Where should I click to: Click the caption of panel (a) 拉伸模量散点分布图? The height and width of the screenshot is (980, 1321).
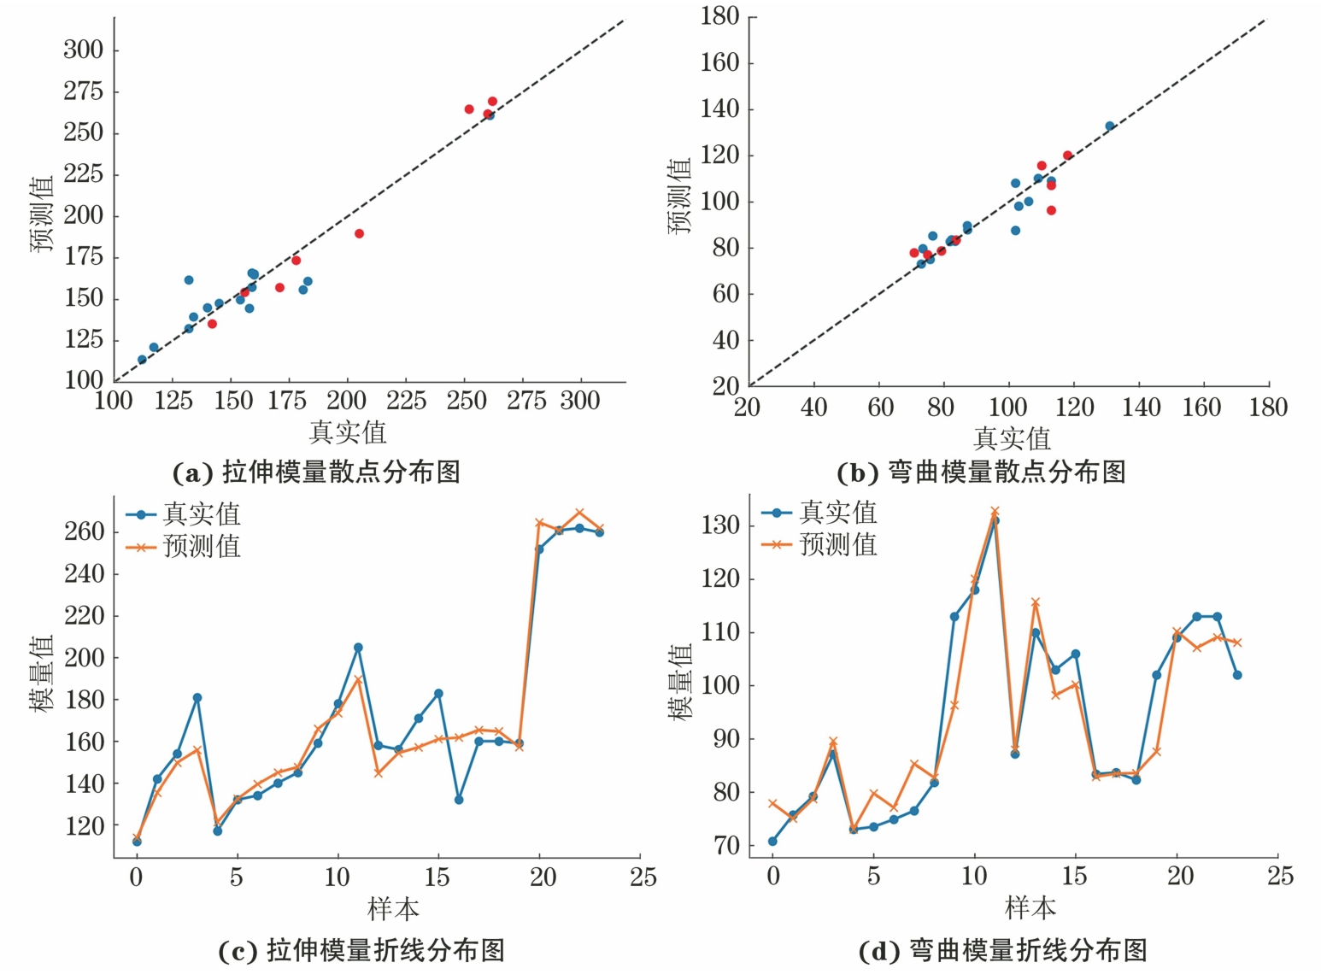pos(317,472)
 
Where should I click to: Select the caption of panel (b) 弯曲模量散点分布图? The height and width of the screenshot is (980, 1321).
pos(982,472)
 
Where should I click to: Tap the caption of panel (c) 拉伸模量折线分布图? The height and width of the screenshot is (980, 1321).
pos(361,950)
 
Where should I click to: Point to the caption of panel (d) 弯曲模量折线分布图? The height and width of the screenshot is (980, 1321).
pos(1002,950)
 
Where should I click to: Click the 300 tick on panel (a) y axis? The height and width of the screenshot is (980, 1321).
pos(83,50)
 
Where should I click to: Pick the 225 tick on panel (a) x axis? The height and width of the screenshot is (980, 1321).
pos(407,401)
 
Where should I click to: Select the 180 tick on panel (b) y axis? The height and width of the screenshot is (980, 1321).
pos(719,16)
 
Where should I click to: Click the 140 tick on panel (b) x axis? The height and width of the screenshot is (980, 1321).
pos(1141,407)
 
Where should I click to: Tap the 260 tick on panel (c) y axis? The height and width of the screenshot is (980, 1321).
pos(84,531)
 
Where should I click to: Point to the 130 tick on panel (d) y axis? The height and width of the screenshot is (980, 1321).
pos(719,525)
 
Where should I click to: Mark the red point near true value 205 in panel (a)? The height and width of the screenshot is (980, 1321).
pos(359,233)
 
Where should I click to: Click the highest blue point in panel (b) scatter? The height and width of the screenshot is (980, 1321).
pos(1110,126)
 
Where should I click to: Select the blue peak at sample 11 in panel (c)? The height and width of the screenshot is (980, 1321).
pos(358,648)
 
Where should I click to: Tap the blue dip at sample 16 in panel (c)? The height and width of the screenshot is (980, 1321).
pos(459,800)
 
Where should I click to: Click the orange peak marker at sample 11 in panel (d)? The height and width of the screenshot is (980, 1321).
pos(995,511)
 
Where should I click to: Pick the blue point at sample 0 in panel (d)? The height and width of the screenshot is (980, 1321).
pos(772,842)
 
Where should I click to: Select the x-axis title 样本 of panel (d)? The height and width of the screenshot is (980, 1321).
pos(1030,907)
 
